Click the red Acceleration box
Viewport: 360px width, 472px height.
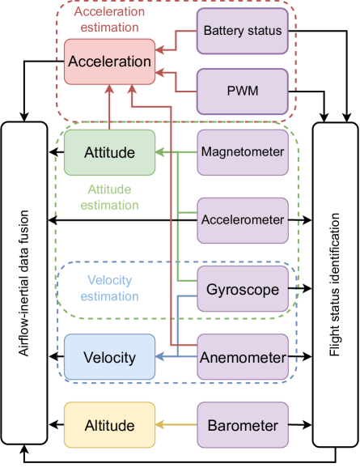point(109,62)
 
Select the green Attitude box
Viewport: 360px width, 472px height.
point(109,152)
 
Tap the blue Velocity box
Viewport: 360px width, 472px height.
point(109,357)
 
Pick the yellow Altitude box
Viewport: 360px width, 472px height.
point(109,425)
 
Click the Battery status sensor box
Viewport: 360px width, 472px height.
point(243,32)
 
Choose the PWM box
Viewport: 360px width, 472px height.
point(243,91)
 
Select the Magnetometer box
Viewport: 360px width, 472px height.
point(243,152)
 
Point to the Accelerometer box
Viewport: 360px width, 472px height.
point(243,220)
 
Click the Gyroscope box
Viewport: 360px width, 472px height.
point(243,290)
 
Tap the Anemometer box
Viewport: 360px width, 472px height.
point(243,357)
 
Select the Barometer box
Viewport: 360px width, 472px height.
point(243,425)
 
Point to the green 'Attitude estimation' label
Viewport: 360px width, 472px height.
point(109,197)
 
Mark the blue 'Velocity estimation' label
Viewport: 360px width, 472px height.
point(109,288)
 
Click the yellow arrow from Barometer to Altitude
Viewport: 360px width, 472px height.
point(178,425)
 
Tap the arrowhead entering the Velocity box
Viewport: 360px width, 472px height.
point(160,357)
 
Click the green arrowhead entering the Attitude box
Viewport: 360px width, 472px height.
point(160,152)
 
